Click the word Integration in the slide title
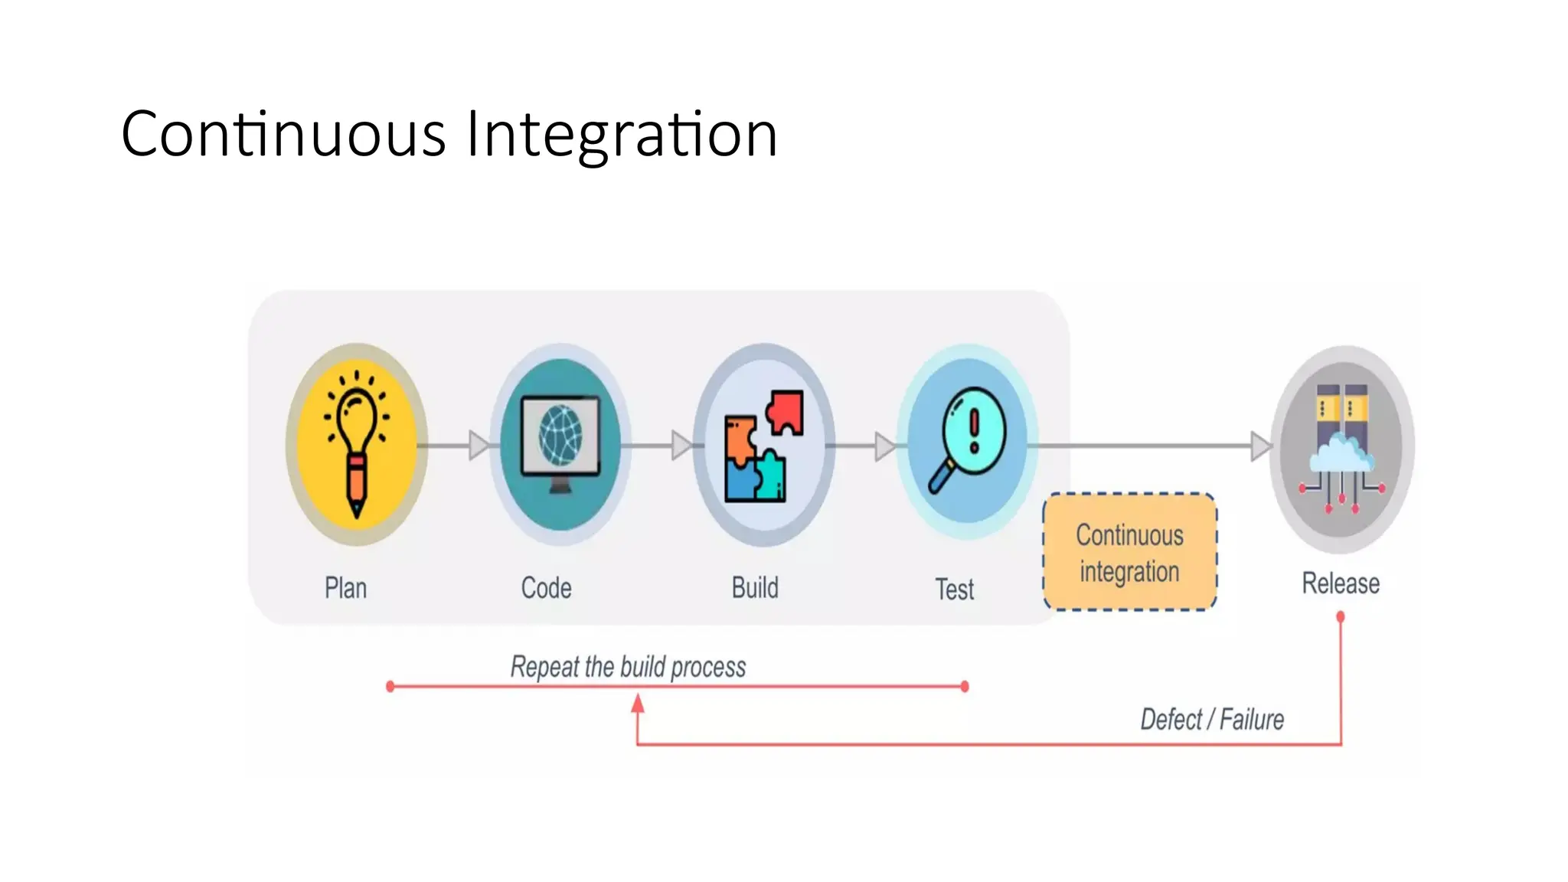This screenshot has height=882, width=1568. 622,135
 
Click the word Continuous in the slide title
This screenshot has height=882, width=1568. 283,135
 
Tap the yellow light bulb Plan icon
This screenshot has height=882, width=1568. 357,445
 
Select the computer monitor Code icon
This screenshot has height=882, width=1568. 560,445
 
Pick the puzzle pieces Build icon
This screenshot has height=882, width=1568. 763,446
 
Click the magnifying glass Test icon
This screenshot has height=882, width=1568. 967,442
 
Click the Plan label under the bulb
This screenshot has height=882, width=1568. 346,588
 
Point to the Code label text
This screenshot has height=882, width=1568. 546,588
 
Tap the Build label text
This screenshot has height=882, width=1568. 755,588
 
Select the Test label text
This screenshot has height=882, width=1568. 954,590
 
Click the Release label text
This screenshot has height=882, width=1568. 1341,583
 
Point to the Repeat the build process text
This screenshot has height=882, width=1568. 628,667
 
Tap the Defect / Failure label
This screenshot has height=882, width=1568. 1212,720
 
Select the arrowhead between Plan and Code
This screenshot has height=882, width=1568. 479,445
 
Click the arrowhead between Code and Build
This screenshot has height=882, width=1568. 681,445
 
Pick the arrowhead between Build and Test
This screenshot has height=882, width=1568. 884,446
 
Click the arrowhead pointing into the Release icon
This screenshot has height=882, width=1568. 1259,446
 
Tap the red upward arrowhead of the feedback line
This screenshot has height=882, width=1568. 638,703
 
